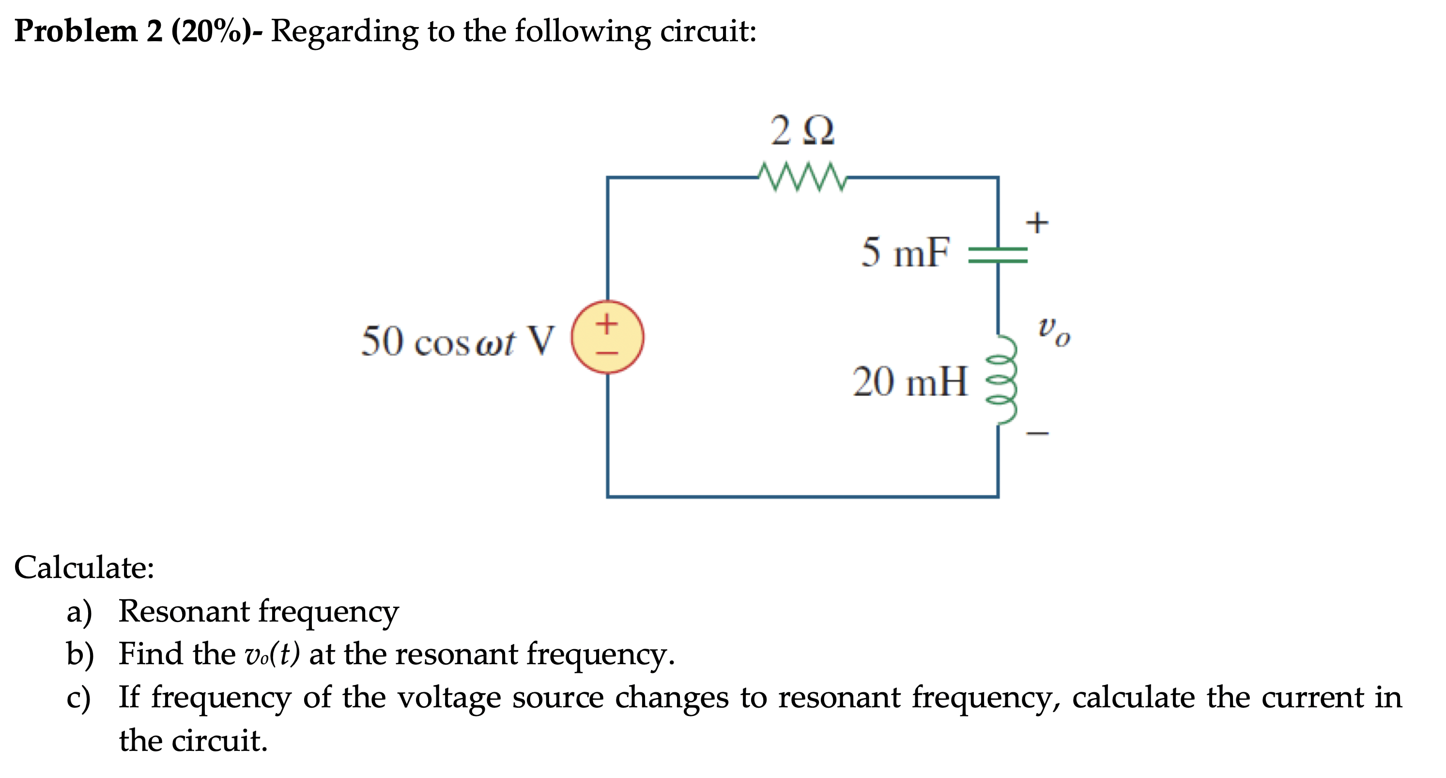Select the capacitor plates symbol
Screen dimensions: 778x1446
tap(998, 255)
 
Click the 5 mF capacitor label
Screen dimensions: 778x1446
tap(905, 252)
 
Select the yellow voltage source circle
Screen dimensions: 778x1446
tap(607, 337)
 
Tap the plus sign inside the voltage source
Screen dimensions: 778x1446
tap(607, 324)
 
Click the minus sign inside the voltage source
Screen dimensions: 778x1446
tap(607, 353)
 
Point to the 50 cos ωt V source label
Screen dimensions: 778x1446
tap(457, 341)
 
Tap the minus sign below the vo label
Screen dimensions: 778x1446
tap(1037, 433)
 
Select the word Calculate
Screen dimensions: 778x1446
tap(84, 567)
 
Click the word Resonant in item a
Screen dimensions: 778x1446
tap(184, 611)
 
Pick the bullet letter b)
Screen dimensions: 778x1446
tap(79, 654)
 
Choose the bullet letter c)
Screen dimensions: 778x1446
tap(78, 698)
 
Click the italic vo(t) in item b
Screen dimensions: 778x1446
tap(272, 654)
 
